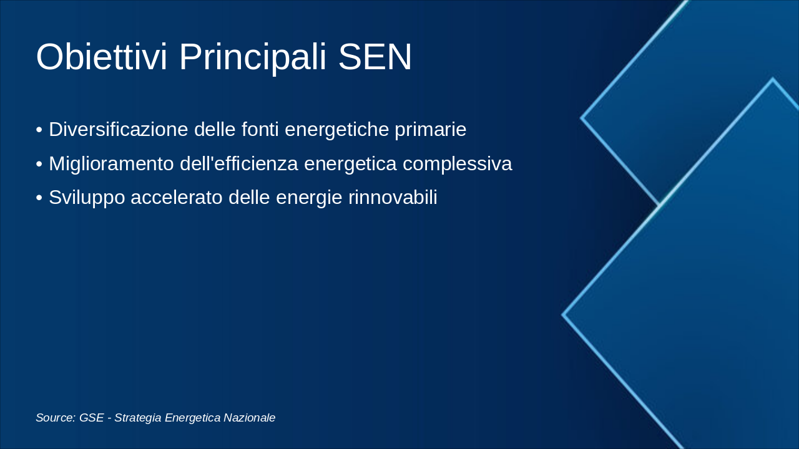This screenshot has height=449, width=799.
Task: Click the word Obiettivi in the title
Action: point(102,57)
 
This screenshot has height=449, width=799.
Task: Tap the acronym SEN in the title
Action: point(375,57)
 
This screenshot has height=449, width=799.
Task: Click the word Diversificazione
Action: point(119,129)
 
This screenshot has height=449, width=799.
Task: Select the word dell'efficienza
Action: point(238,163)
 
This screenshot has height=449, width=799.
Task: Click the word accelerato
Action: point(177,198)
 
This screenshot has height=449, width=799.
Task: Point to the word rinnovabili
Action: point(393,198)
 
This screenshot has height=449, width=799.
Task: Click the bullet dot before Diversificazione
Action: point(39,130)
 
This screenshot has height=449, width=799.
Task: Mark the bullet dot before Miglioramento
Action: point(39,164)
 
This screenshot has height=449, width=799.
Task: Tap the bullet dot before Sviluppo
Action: point(39,198)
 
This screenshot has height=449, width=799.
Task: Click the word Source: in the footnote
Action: point(56,418)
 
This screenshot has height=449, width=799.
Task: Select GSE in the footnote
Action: point(91,418)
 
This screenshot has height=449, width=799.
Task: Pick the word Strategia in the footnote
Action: point(138,418)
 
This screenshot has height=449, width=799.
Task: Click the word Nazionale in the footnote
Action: point(249,418)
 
